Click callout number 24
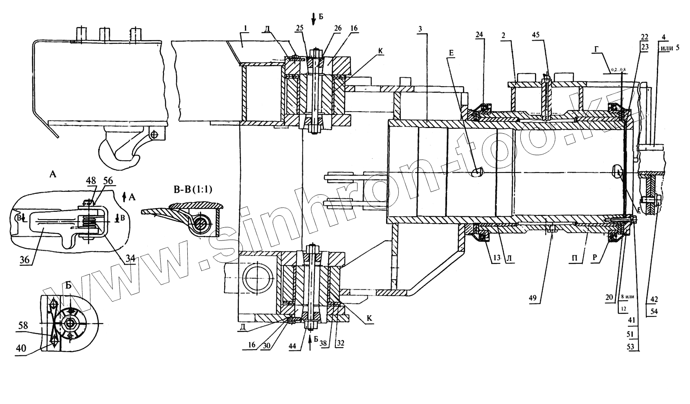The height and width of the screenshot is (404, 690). [x=479, y=35]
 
